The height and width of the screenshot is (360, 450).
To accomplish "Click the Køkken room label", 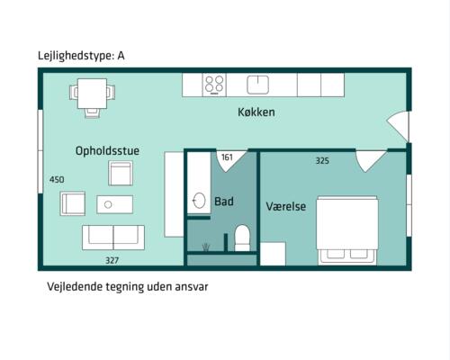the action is [256, 112].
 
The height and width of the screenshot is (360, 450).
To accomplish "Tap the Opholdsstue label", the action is [107, 150].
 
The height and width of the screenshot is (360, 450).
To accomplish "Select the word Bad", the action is [224, 202].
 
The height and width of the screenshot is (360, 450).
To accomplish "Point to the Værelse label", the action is [286, 206].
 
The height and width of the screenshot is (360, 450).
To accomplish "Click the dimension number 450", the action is [57, 179].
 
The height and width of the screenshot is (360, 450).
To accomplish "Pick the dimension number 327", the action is [112, 260].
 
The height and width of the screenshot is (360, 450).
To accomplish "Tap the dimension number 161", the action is [227, 157].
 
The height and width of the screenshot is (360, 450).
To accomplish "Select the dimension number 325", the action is [322, 161].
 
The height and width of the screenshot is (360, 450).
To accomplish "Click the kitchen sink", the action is [257, 85].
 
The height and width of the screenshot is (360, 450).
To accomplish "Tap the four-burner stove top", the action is [214, 85].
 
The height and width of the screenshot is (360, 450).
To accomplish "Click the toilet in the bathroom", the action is [242, 238].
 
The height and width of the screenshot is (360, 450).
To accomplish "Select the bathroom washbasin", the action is [199, 200].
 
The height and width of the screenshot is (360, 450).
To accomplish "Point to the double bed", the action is [347, 230].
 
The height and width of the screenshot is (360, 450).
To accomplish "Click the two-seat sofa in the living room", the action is [113, 238].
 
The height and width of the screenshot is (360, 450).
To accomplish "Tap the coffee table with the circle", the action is [114, 204].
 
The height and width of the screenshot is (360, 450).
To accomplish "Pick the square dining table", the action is [92, 94].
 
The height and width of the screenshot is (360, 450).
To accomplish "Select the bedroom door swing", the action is [371, 161].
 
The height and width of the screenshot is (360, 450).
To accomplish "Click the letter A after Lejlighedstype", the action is [121, 56].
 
